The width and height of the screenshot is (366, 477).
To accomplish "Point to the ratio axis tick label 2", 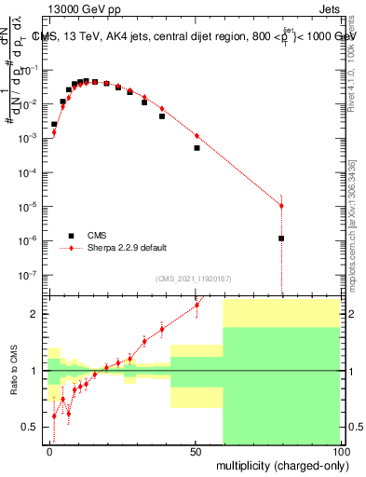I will coord(34,314).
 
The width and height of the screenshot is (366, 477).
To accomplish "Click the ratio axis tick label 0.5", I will coord(31,428).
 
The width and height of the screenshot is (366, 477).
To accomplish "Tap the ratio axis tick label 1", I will coord(34,371).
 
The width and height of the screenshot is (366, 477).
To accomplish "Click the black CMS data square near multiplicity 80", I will coord(281,238).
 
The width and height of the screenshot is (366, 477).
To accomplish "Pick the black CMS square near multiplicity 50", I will coord(197,148).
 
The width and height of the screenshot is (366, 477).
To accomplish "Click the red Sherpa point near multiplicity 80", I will coord(281,206).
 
